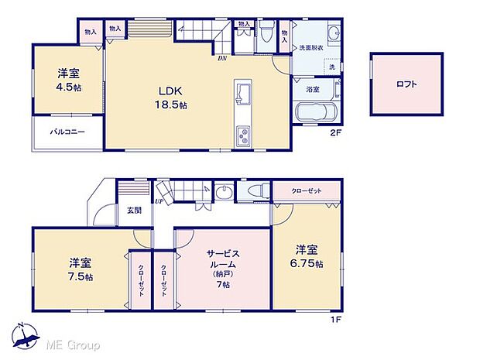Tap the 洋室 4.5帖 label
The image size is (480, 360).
pyautogui.click(x=68, y=80)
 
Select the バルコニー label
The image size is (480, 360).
pyautogui.click(x=68, y=132)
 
